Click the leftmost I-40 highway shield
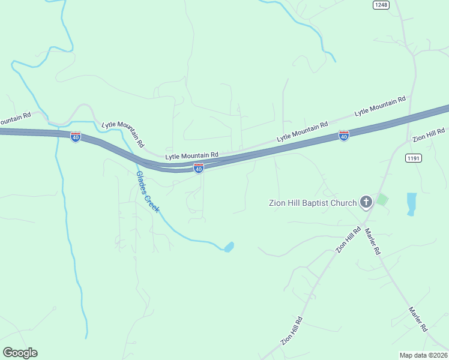(75, 137)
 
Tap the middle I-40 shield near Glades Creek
(199, 168)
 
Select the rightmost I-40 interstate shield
(343, 136)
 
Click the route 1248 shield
(381, 5)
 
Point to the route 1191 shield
(413, 158)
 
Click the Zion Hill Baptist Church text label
(312, 203)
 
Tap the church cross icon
(366, 202)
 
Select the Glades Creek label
(147, 192)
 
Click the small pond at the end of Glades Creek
(229, 247)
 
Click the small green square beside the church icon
(382, 199)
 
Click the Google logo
(20, 353)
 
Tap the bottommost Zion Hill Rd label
(292, 331)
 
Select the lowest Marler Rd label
(418, 320)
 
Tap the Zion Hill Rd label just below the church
(348, 239)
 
